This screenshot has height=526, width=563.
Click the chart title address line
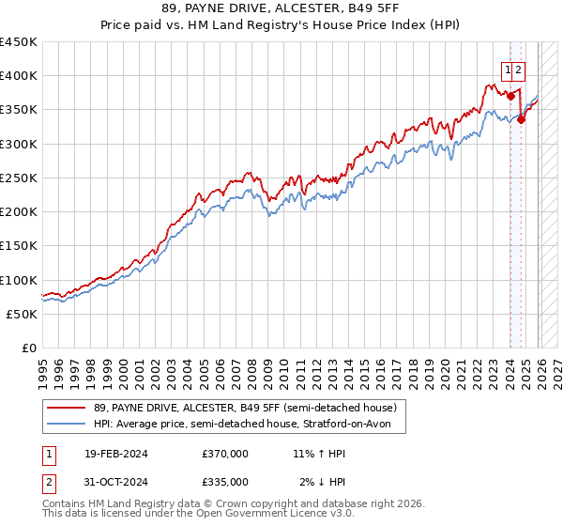[x=281, y=8]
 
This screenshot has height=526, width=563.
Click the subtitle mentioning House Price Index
[x=281, y=25]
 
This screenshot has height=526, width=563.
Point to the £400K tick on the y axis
[x=19, y=76]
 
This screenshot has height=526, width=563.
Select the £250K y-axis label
[x=19, y=178]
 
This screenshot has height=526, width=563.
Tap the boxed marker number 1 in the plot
[x=508, y=69]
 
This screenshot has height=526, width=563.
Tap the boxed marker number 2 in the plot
[x=519, y=69]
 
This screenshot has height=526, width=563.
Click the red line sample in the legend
[x=67, y=408]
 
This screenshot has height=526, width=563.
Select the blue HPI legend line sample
[x=67, y=424]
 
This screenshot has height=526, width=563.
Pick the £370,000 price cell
[x=224, y=454]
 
